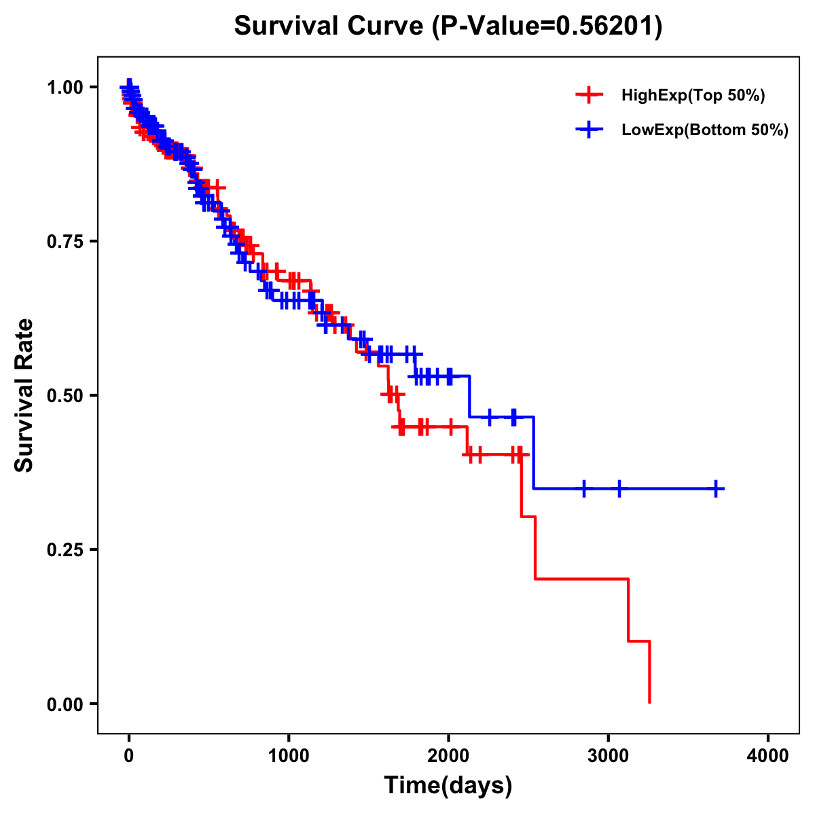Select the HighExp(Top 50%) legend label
tap(693, 96)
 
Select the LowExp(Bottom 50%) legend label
tap(704, 130)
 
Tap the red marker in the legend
tap(589, 95)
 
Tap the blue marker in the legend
tap(589, 130)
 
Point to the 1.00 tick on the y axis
tap(66, 87)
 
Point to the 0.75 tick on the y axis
tap(66, 241)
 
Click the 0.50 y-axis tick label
tap(66, 395)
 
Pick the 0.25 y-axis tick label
tap(66, 549)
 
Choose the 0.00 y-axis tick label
tap(66, 704)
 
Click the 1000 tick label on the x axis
tap(289, 757)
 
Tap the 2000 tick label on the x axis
tap(448, 757)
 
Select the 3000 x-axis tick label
tap(609, 757)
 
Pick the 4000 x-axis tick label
tap(768, 757)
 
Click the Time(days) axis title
tap(448, 786)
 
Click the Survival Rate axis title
tap(24, 395)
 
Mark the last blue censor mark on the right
tap(716, 488)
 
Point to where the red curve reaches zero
tap(650, 702)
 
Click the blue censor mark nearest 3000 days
tap(619, 488)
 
